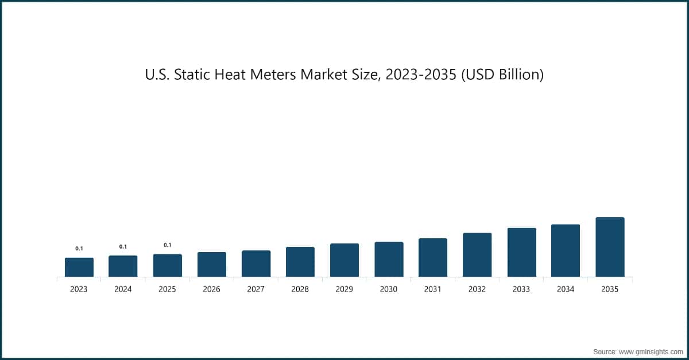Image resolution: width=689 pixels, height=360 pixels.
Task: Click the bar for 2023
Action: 79,267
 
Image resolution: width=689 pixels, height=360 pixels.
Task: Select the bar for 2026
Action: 212,264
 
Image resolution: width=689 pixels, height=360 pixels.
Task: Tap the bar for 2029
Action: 344,260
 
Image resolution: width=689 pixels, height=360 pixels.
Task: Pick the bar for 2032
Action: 477,255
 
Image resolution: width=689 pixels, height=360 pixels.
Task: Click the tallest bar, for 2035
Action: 610,247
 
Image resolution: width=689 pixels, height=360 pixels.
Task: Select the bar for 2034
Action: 566,250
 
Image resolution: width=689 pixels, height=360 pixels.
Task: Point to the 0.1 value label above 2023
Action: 79,249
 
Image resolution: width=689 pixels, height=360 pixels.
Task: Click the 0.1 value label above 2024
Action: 123,247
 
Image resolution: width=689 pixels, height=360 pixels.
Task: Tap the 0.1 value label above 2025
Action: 168,245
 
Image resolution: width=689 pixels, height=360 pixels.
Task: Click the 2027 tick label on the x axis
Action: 256,289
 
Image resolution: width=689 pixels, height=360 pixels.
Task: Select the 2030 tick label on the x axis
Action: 389,289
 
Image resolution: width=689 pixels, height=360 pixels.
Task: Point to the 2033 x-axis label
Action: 521,289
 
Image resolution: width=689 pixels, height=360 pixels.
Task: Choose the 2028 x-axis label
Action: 300,289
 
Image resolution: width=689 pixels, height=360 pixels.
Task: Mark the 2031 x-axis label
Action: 433,289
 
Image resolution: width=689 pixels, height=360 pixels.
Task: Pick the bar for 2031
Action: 433,257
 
